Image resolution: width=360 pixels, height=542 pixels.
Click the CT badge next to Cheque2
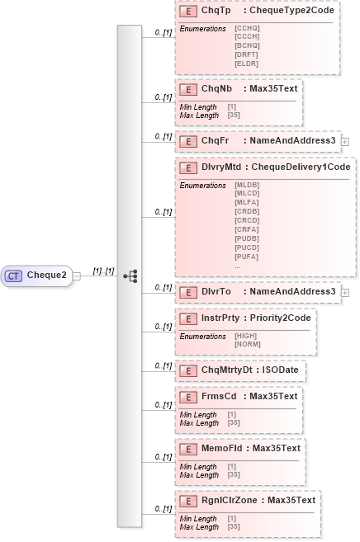pyautogui.click(x=14, y=276)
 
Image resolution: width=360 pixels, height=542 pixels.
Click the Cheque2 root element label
pyautogui.click(x=47, y=276)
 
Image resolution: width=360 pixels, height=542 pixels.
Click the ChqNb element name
pyautogui.click(x=215, y=87)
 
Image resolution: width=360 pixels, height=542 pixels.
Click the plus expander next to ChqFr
pyautogui.click(x=344, y=141)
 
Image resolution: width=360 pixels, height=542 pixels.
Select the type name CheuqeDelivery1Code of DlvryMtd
pyautogui.click(x=301, y=167)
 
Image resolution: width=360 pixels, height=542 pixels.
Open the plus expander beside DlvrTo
pyautogui.click(x=344, y=291)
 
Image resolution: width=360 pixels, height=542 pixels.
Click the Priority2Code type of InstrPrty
pyautogui.click(x=282, y=318)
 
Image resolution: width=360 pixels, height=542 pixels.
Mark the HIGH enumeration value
pyautogui.click(x=245, y=336)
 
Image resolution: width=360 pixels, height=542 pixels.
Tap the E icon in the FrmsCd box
pyautogui.click(x=187, y=397)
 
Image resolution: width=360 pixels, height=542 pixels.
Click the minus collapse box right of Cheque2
pyautogui.click(x=77, y=276)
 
